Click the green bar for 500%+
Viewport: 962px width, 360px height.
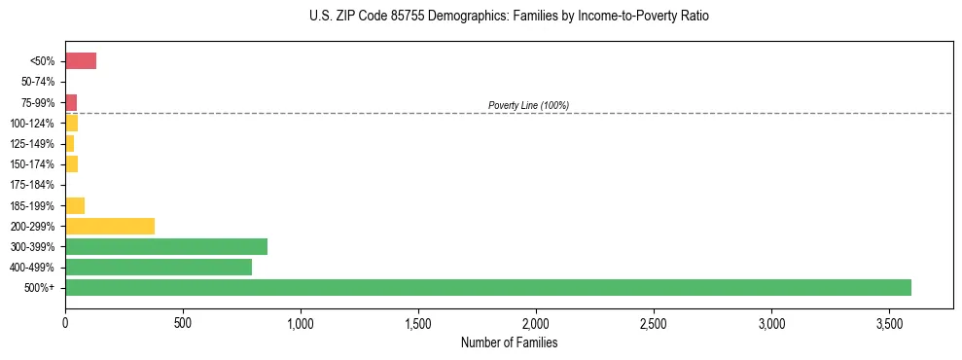[x=487, y=287]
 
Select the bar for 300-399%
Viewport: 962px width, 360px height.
[x=165, y=246]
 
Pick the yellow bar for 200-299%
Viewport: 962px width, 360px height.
[x=110, y=226]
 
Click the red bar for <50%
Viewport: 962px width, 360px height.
[x=81, y=61]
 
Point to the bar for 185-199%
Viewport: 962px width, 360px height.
[x=75, y=205]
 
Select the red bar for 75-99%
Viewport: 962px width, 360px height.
[x=71, y=102]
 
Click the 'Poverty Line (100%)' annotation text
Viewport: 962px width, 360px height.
[x=528, y=105]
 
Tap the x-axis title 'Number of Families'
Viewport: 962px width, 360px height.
[x=509, y=342]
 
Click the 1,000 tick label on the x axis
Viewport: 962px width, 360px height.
[x=301, y=321]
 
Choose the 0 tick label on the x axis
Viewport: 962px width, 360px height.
[x=65, y=321]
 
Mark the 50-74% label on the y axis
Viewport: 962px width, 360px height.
[x=38, y=82]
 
